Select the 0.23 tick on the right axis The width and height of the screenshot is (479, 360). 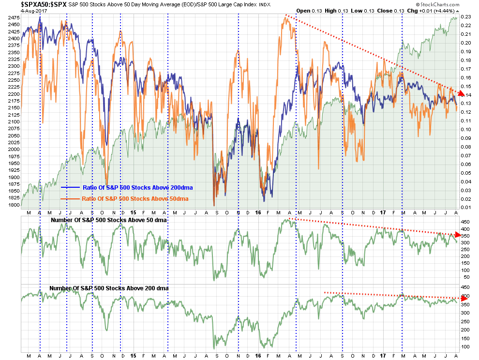point(466,17)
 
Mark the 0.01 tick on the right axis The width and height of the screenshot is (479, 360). point(466,208)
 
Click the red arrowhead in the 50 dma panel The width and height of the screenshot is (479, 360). point(460,235)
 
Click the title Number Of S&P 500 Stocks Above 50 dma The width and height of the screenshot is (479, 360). point(108,221)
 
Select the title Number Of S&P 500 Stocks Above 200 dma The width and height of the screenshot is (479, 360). point(109,288)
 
